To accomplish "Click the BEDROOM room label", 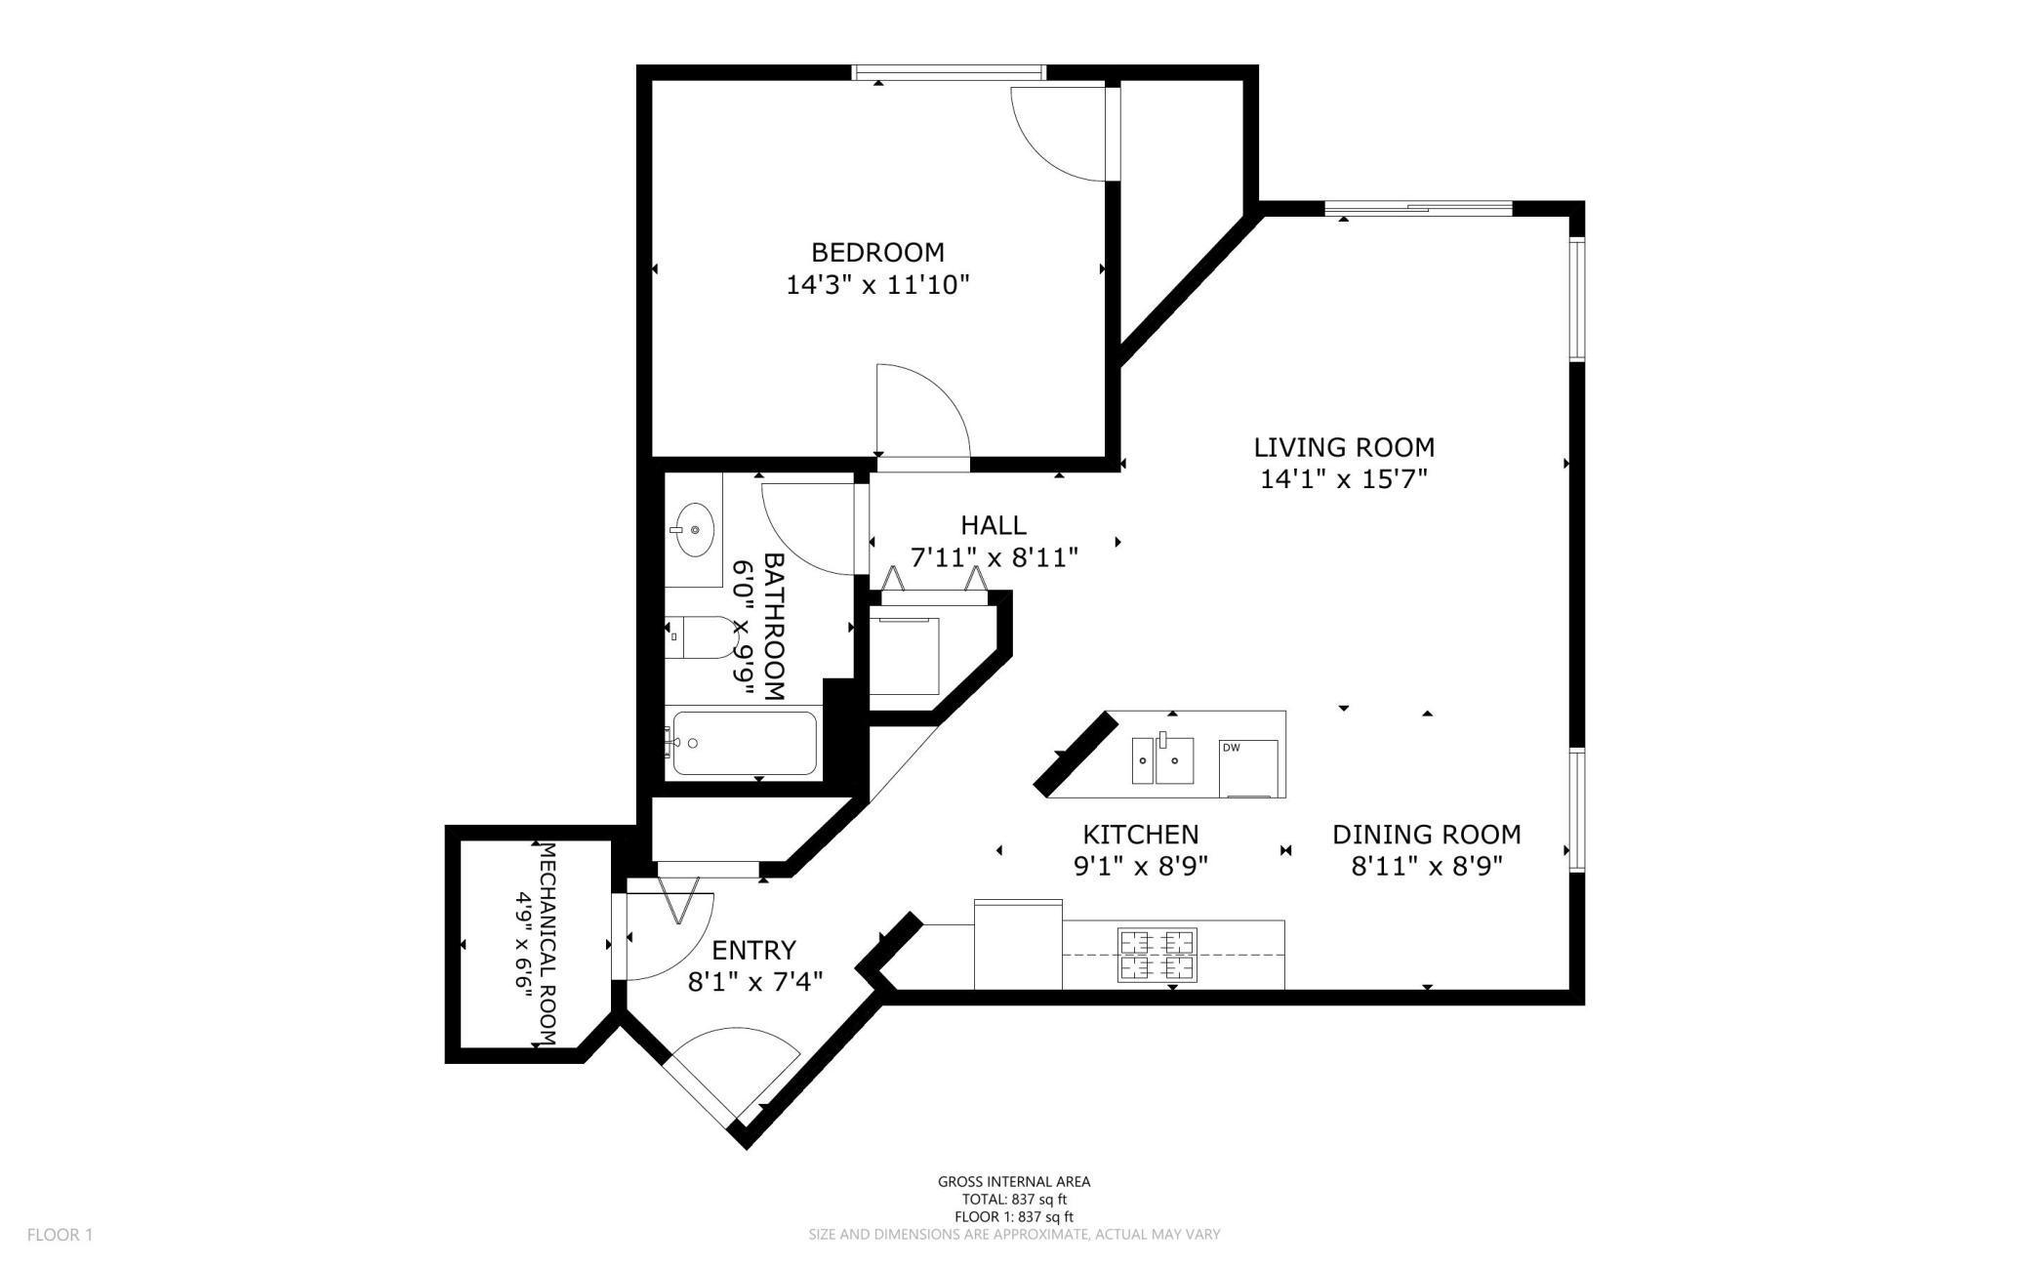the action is click(877, 253).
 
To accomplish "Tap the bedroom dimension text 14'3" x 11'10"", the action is click(877, 285).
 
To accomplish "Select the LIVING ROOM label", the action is click(1344, 447).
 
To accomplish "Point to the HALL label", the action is click(994, 525).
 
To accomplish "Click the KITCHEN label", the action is click(1141, 835).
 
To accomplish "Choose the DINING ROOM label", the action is click(1427, 835).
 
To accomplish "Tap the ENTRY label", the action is click(754, 950).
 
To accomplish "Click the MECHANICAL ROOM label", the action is click(548, 944).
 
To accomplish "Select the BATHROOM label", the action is click(774, 627).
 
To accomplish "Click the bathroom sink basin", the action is click(694, 529).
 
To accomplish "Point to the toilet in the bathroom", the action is click(700, 636).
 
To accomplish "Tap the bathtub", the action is click(744, 743).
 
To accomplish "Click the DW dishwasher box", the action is click(1248, 769).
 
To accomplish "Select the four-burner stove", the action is click(1157, 956).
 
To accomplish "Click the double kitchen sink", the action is click(1163, 758).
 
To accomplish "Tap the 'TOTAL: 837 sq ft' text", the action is click(1015, 1199).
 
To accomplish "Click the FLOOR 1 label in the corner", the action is click(60, 1235).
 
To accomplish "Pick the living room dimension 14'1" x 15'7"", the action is click(1344, 479).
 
